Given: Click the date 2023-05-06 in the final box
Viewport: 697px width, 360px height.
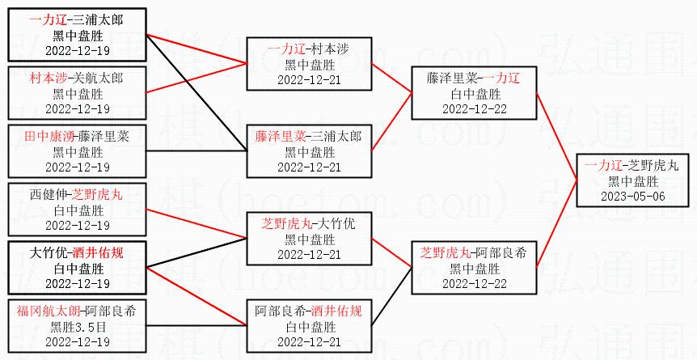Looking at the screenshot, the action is click(x=633, y=197).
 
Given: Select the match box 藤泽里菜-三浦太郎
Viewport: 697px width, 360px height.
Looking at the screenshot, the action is click(x=310, y=151).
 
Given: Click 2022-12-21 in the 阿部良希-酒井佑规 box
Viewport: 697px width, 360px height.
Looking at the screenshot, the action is click(x=310, y=343).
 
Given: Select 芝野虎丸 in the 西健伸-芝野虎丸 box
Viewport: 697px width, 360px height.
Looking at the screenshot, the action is click(x=98, y=194).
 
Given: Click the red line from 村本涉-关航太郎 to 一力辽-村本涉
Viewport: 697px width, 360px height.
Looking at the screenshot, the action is click(x=197, y=78).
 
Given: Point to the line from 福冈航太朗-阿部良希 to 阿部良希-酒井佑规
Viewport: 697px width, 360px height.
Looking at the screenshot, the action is click(x=197, y=325).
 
